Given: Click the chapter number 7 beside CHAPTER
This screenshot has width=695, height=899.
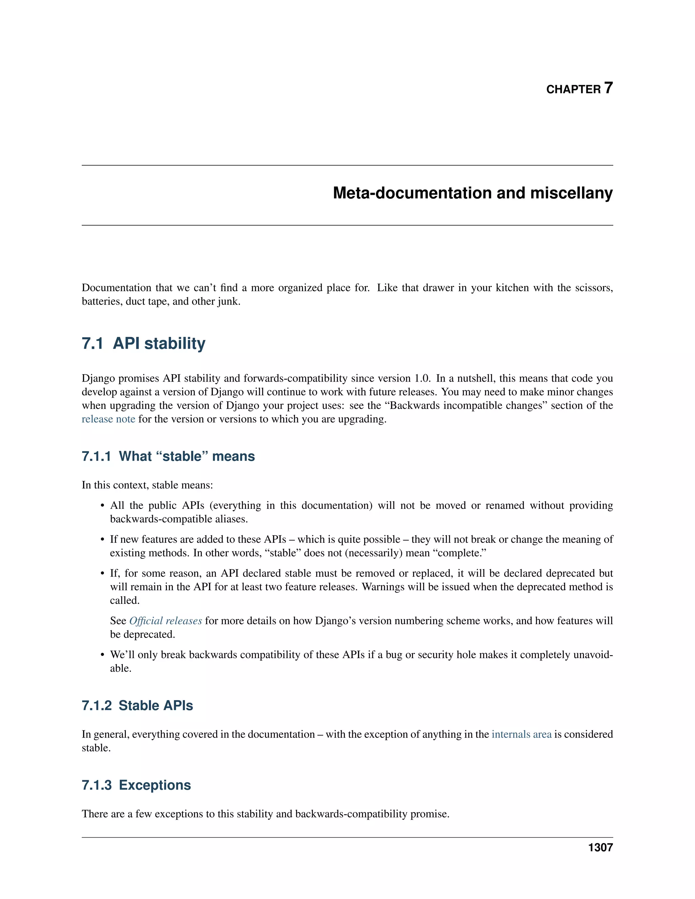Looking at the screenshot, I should tap(608, 88).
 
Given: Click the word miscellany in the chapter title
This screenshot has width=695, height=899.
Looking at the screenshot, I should tap(571, 193).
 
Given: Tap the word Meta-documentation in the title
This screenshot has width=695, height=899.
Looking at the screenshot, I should tap(412, 193).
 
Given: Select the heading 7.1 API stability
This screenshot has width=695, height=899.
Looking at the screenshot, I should tap(143, 343).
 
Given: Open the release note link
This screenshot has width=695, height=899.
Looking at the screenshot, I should tap(108, 419).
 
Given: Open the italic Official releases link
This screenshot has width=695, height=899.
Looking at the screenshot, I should tap(166, 621).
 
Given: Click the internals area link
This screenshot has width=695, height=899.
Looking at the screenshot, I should tap(521, 734).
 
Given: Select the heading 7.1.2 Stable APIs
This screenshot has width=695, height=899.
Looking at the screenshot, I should tap(137, 706).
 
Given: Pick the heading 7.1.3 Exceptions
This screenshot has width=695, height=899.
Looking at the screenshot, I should tap(136, 785).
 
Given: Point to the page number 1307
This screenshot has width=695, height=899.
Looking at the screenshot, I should tap(600, 847).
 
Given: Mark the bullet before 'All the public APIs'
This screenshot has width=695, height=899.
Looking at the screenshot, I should tap(102, 506).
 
